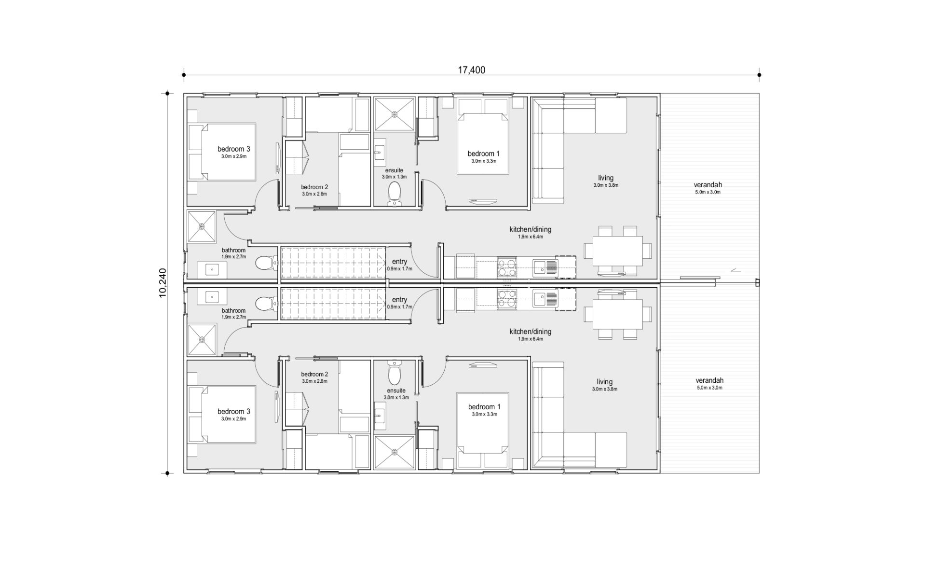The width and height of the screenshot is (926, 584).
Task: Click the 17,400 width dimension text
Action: point(471,70)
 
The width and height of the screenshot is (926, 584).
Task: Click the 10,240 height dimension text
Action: point(163,283)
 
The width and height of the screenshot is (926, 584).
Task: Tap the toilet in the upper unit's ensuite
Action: point(395,194)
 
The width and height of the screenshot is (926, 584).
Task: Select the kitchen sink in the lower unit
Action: point(545,299)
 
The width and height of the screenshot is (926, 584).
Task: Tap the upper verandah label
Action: point(708,185)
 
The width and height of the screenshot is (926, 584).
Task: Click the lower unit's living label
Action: point(604,382)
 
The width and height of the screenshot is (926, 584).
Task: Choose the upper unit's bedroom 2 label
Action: point(314,187)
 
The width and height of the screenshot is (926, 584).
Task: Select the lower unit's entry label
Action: point(399,300)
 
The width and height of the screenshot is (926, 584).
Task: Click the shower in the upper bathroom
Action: point(202,226)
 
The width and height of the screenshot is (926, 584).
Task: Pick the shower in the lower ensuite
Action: point(395,452)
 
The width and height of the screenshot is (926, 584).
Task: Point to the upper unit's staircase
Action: point(333,263)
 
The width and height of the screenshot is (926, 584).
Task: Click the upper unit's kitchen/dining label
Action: point(530,229)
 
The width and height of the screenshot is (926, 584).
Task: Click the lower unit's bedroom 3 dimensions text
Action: point(233,419)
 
